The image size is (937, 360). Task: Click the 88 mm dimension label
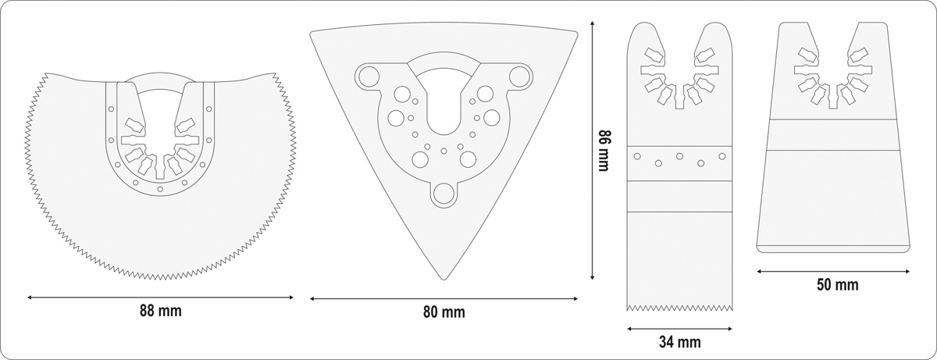pos(161,311)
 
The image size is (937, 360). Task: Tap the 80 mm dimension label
pos(444,312)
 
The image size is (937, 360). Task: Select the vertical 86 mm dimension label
pos(603,151)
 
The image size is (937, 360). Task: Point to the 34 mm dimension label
pos(680,342)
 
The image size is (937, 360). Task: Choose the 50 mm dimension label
pos(837,285)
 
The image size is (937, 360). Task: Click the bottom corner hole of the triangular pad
pos(444,194)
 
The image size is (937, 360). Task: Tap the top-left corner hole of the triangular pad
pos(369,77)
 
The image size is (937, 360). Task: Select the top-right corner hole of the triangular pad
pos(519,77)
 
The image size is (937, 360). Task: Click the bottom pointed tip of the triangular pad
pos(444,280)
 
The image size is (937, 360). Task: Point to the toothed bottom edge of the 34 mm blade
pos(680,308)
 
